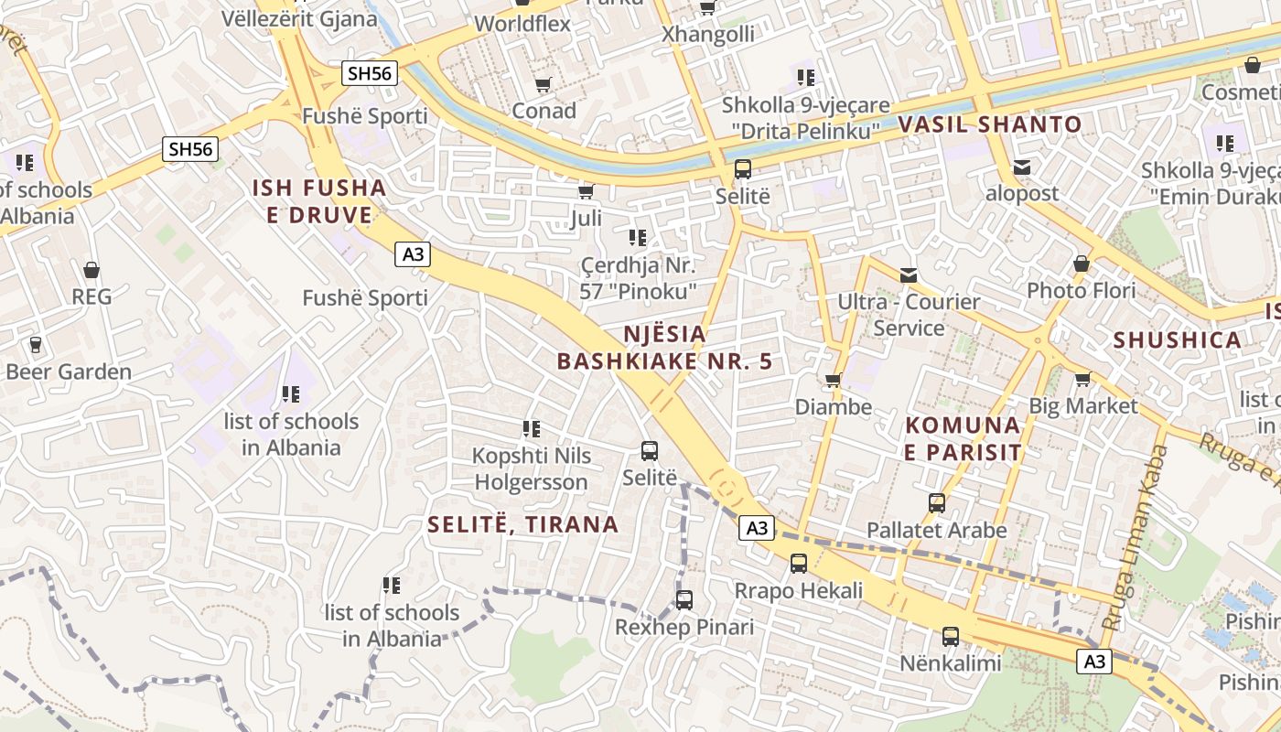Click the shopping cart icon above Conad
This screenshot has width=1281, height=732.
point(543,85)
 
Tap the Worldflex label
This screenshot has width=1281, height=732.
point(523,24)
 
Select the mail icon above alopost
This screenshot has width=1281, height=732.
point(1021,167)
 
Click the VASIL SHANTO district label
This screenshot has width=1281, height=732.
point(990,124)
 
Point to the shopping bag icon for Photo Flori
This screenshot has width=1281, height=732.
point(1082,264)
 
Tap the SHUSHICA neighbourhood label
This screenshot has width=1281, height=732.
point(1177,340)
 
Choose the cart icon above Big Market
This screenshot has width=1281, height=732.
point(1082,379)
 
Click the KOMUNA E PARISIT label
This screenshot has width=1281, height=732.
point(963,438)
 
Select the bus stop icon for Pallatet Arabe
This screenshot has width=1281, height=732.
point(936,503)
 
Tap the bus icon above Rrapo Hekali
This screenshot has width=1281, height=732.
point(799,564)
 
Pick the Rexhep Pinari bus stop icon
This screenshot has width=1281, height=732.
point(684,600)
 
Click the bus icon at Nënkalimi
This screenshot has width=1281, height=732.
point(951,636)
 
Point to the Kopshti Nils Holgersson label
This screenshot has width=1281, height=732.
point(531,468)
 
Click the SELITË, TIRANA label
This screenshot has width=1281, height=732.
point(523,524)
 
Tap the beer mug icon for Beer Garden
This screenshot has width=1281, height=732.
point(36,345)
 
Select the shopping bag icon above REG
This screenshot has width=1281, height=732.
point(91,270)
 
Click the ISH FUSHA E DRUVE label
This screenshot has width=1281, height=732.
point(319,201)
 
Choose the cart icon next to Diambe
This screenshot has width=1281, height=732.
point(833,381)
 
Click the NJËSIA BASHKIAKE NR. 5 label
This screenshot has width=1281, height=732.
point(665,347)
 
